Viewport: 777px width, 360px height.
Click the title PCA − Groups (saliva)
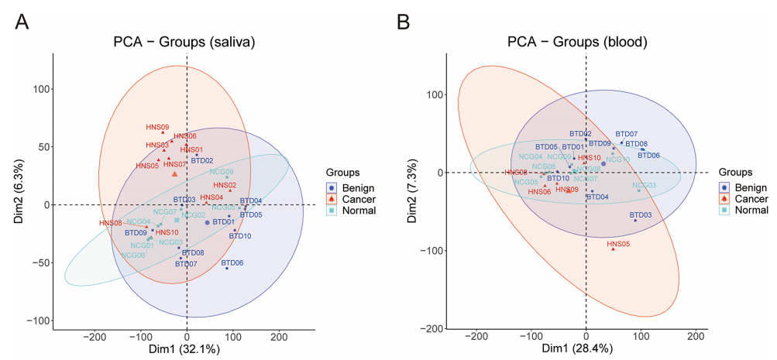point(184,41)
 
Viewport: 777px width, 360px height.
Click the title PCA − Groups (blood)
point(577,41)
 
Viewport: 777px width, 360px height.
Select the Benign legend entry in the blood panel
point(751,187)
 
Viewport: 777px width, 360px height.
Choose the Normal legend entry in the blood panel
point(751,210)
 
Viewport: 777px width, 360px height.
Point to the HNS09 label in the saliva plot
point(157,127)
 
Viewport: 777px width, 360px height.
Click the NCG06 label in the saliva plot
point(132,255)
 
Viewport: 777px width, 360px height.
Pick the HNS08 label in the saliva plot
point(111,223)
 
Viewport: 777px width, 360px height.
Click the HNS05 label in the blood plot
point(618,244)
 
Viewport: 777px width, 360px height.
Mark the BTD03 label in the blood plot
point(641,214)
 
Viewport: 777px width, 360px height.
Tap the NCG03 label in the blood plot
point(644,185)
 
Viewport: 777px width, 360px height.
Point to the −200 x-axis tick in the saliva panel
point(95,337)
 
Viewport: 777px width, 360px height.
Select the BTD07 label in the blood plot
point(627,134)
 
